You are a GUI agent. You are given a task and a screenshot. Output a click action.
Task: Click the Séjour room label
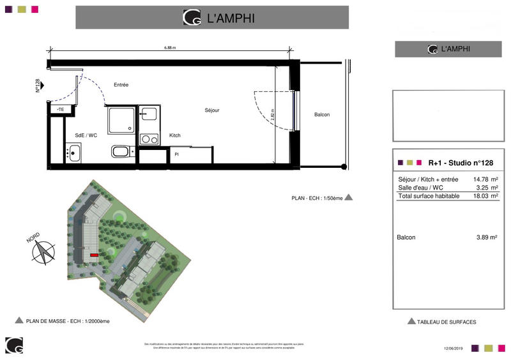coord(211,110)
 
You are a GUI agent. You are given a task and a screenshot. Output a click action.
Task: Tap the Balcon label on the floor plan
coord(322,115)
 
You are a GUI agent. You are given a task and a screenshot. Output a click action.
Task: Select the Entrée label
coord(121,85)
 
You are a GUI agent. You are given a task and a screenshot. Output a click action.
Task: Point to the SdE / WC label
coord(86,135)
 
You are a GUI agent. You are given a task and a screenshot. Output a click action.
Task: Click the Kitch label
coord(174,135)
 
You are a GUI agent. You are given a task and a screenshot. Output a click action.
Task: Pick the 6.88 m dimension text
coord(169,47)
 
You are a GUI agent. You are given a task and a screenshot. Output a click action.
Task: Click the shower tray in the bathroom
coord(121,120)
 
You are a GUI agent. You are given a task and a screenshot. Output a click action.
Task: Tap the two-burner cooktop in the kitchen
coord(149,139)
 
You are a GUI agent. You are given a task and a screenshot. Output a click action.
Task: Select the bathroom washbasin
coord(72,153)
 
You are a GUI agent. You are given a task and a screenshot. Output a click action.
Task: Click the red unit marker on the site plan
coord(94,255)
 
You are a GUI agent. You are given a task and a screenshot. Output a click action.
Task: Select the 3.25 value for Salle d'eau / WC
coord(484,188)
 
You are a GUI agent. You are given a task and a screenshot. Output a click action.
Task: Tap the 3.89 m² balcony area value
coord(486,237)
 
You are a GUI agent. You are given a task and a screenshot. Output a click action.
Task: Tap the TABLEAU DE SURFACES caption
coord(446,322)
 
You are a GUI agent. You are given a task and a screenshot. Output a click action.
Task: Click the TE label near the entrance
coord(61,110)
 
